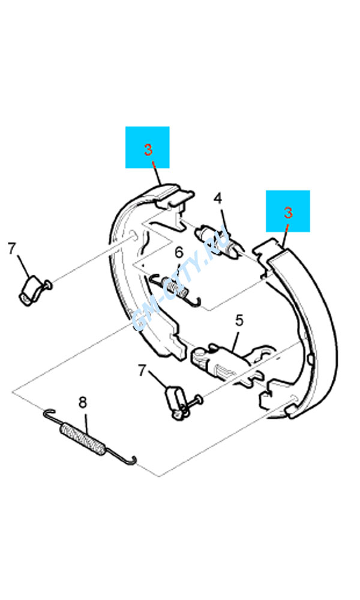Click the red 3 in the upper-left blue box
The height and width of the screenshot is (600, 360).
(x=148, y=149)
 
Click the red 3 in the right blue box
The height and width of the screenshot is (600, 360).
(x=288, y=212)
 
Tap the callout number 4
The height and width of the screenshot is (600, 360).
(x=218, y=198)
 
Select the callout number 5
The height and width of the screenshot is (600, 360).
(x=239, y=320)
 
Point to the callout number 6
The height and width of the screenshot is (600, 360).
(x=179, y=253)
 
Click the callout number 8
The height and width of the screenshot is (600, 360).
(x=83, y=402)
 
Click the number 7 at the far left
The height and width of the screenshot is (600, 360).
(x=12, y=248)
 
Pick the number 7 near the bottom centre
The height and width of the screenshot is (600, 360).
(x=142, y=370)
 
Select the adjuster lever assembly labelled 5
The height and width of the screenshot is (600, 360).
(x=230, y=364)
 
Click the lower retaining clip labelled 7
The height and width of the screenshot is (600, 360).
(x=176, y=403)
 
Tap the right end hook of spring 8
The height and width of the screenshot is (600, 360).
(x=132, y=461)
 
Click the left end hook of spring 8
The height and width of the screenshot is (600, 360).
(x=48, y=413)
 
